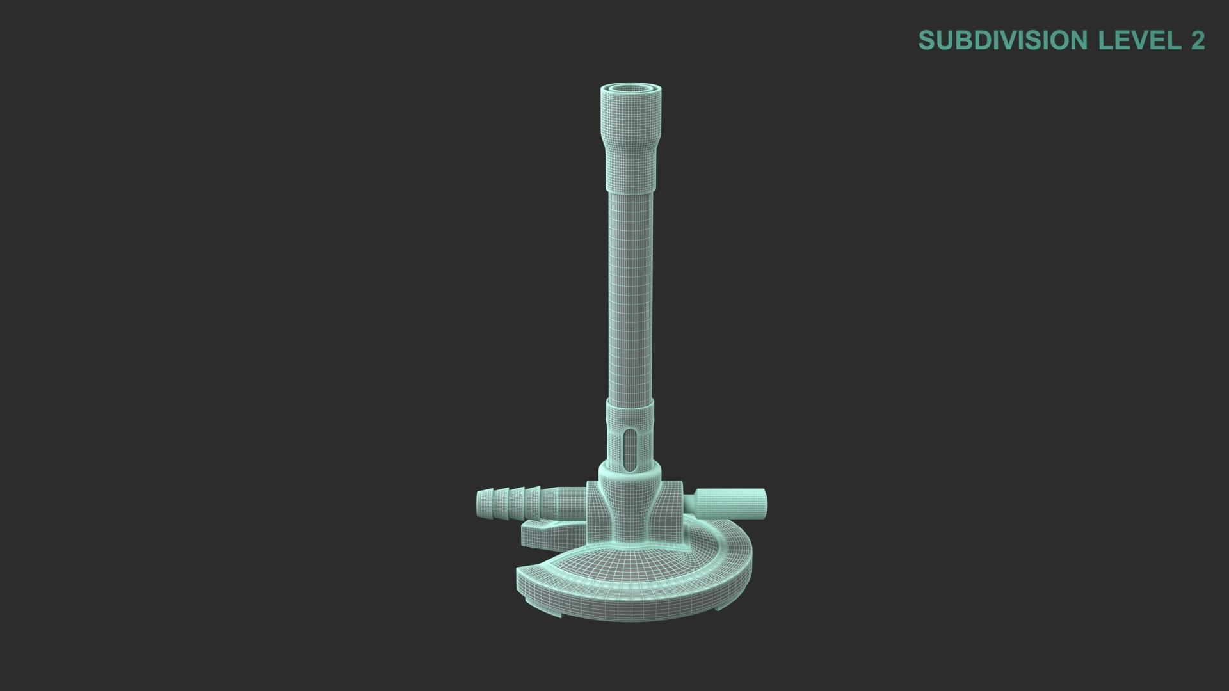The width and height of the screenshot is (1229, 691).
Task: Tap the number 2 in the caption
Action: (1198, 40)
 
